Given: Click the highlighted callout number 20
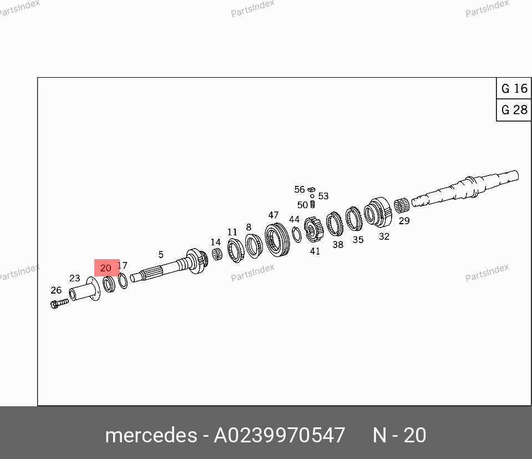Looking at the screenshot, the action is click(105, 268).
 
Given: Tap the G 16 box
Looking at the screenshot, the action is click(514, 88).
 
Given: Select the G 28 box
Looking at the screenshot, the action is click(514, 110).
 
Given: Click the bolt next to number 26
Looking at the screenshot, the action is click(59, 303).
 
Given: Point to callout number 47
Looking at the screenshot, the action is click(273, 215).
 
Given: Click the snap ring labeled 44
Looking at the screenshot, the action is click(297, 234).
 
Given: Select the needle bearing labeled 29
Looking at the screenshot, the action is click(402, 205).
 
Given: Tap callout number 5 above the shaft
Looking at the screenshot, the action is click(161, 254).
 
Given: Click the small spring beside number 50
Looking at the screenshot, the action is click(312, 204).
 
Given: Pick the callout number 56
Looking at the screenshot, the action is click(299, 189).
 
